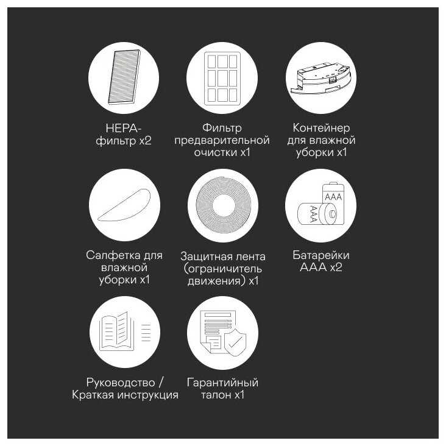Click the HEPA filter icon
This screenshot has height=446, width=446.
coord(124,77)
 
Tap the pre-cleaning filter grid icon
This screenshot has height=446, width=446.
coord(222,79)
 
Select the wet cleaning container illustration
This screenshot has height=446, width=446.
coord(321,78)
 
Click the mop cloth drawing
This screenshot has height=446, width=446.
coord(124,205)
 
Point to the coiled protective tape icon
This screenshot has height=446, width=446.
coord(223,205)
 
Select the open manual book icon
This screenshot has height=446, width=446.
coord(116,331)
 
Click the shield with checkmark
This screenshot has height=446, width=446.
coord(235,342)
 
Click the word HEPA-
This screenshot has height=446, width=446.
coord(124,129)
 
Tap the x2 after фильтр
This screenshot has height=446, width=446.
coord(145,141)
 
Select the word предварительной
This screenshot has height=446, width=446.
coord(222,140)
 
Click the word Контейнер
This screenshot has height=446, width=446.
coord(321,128)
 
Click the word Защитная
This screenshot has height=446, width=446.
coord(203,257)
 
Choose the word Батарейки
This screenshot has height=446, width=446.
coord(321,255)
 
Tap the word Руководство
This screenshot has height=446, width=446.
coord(121,383)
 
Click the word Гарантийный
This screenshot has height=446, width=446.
coord(222,383)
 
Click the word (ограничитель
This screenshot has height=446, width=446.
coord(223,269)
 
